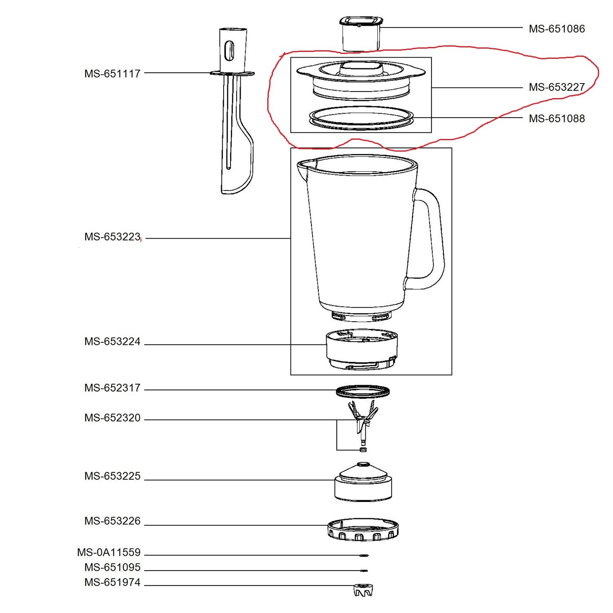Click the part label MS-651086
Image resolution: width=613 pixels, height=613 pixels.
click(x=557, y=29)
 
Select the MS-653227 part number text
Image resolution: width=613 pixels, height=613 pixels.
click(x=557, y=87)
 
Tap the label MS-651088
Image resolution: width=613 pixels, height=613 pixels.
click(x=557, y=119)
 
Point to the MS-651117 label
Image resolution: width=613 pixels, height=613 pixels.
click(x=112, y=74)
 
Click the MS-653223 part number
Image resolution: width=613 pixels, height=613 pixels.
click(x=112, y=237)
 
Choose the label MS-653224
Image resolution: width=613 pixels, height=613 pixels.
click(x=112, y=341)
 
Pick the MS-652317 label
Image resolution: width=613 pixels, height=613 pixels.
click(x=112, y=388)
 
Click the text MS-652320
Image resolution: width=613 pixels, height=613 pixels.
click(x=112, y=418)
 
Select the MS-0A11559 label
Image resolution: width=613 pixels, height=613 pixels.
click(x=109, y=553)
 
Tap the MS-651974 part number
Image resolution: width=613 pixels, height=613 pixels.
click(x=112, y=582)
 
